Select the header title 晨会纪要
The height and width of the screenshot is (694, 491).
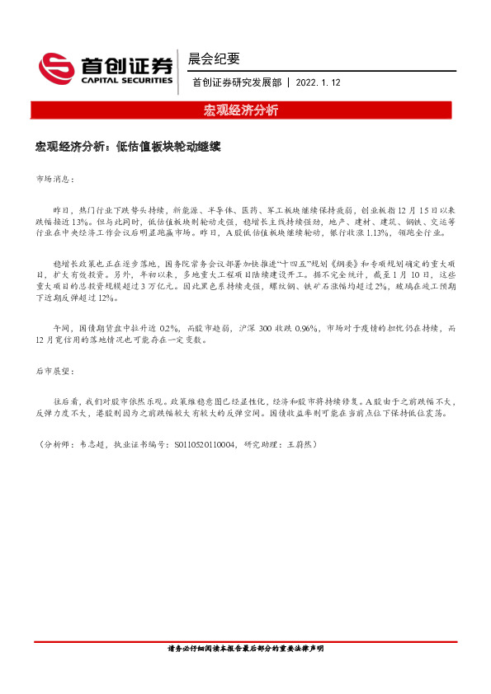point(214,58)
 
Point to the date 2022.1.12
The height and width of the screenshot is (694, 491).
point(317,82)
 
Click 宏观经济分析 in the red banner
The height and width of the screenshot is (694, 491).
point(241,110)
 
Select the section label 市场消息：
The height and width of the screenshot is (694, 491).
point(56,179)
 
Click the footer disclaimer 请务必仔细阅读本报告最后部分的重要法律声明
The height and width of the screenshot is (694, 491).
point(245,649)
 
